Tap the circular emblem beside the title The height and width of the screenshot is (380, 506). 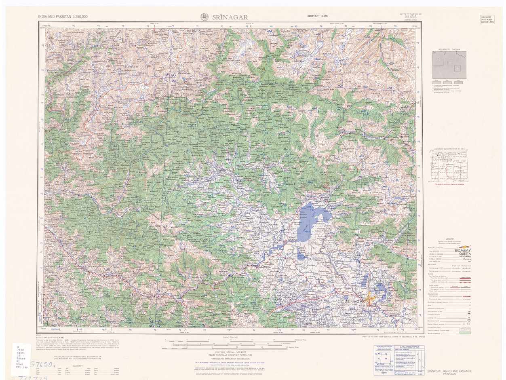pos(205,17)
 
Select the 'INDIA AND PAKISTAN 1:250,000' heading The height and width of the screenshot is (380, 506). pos(63,17)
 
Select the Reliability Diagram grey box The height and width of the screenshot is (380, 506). pos(449,65)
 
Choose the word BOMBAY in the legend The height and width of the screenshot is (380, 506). pos(463,251)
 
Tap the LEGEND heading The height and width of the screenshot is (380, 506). pos(450,239)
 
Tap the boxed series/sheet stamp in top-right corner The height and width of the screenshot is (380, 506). pos(487,19)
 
